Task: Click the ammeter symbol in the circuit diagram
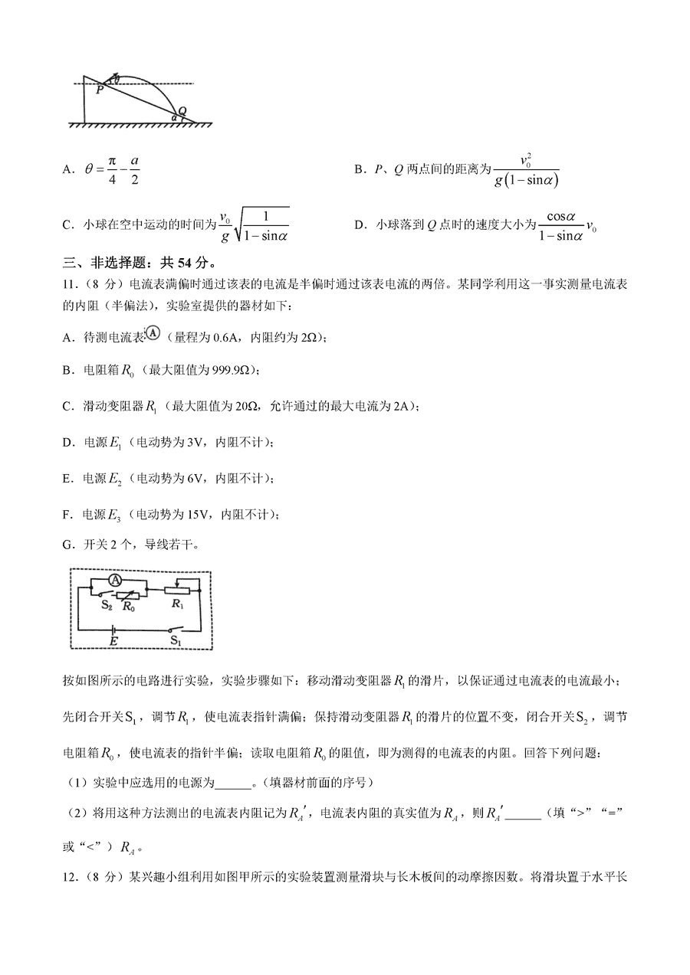tap(115, 581)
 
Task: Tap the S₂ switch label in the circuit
tap(108, 604)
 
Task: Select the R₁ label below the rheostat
tap(178, 604)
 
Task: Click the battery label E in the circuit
tap(113, 640)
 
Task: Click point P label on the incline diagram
tap(100, 90)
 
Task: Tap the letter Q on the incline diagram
tap(182, 110)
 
